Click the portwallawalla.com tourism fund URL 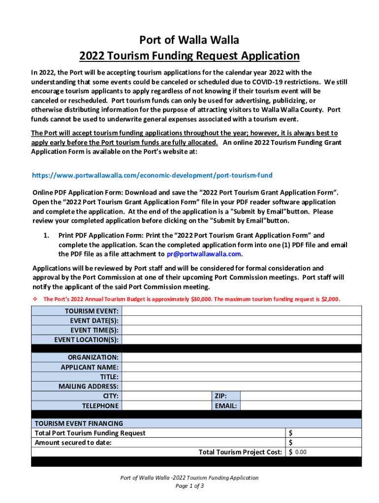coord(152,175)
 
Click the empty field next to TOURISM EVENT coord(241,311)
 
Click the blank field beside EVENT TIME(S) coord(241,330)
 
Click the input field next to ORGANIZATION coord(241,358)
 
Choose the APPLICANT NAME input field coord(241,367)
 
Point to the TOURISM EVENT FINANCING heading coord(78,423)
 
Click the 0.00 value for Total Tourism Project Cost coord(301,452)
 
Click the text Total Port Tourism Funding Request coord(90,433)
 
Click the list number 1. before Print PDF coord(46,235)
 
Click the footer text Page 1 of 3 coord(189,486)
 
